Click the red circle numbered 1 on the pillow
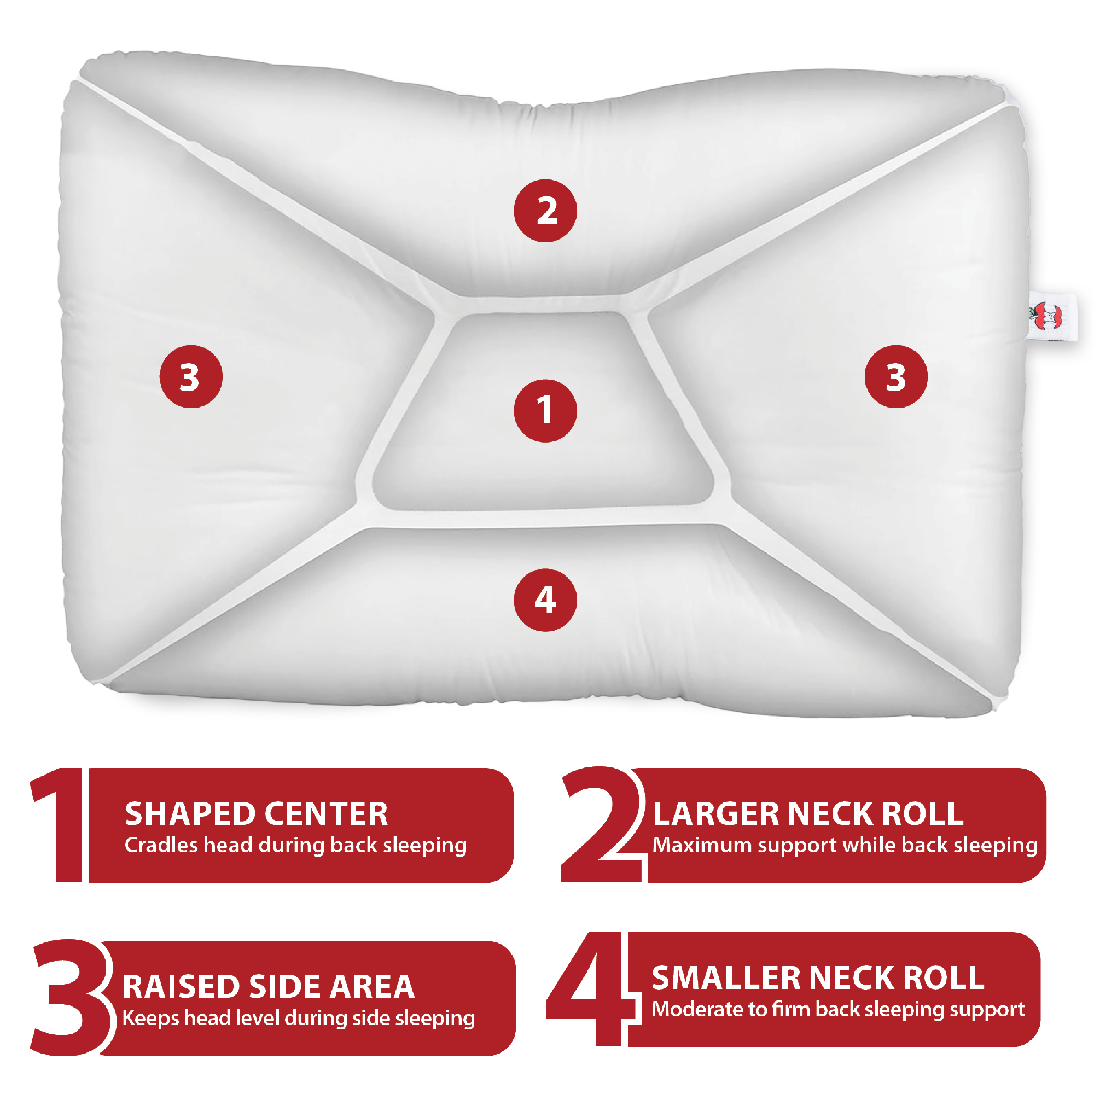[x=545, y=411]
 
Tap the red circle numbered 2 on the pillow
[x=545, y=211]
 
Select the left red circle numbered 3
[x=191, y=376]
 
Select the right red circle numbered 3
[x=896, y=376]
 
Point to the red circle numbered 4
[x=545, y=600]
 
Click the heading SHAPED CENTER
[x=256, y=814]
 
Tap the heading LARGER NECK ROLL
[x=807, y=814]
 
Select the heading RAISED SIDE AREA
[x=269, y=987]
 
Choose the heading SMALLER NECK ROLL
[x=818, y=978]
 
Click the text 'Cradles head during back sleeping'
[x=295, y=846]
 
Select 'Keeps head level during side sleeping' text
[x=299, y=1018]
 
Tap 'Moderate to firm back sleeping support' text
[x=838, y=1009]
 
